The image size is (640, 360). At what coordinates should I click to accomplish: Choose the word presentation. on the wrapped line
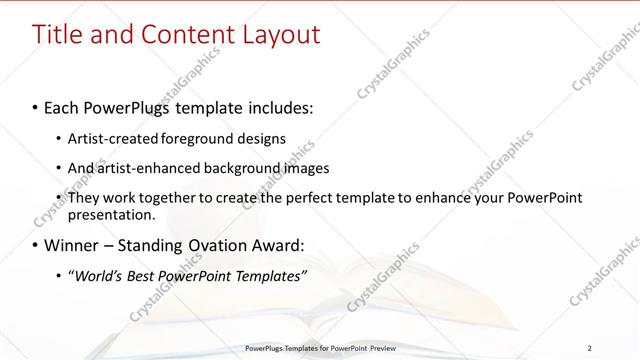point(112,214)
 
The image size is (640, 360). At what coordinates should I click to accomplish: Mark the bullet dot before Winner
point(36,245)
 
